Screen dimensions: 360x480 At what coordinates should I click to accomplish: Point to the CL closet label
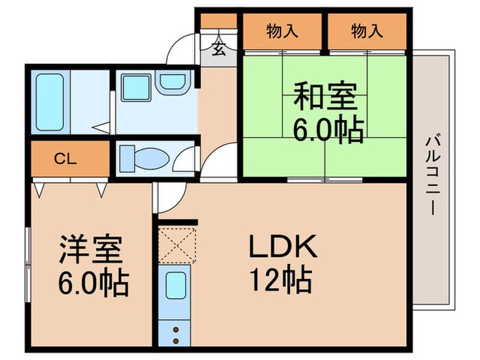click(65, 159)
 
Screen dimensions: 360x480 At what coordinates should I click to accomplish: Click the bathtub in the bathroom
click(48, 99)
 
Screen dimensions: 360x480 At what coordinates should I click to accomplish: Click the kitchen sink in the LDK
click(177, 285)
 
